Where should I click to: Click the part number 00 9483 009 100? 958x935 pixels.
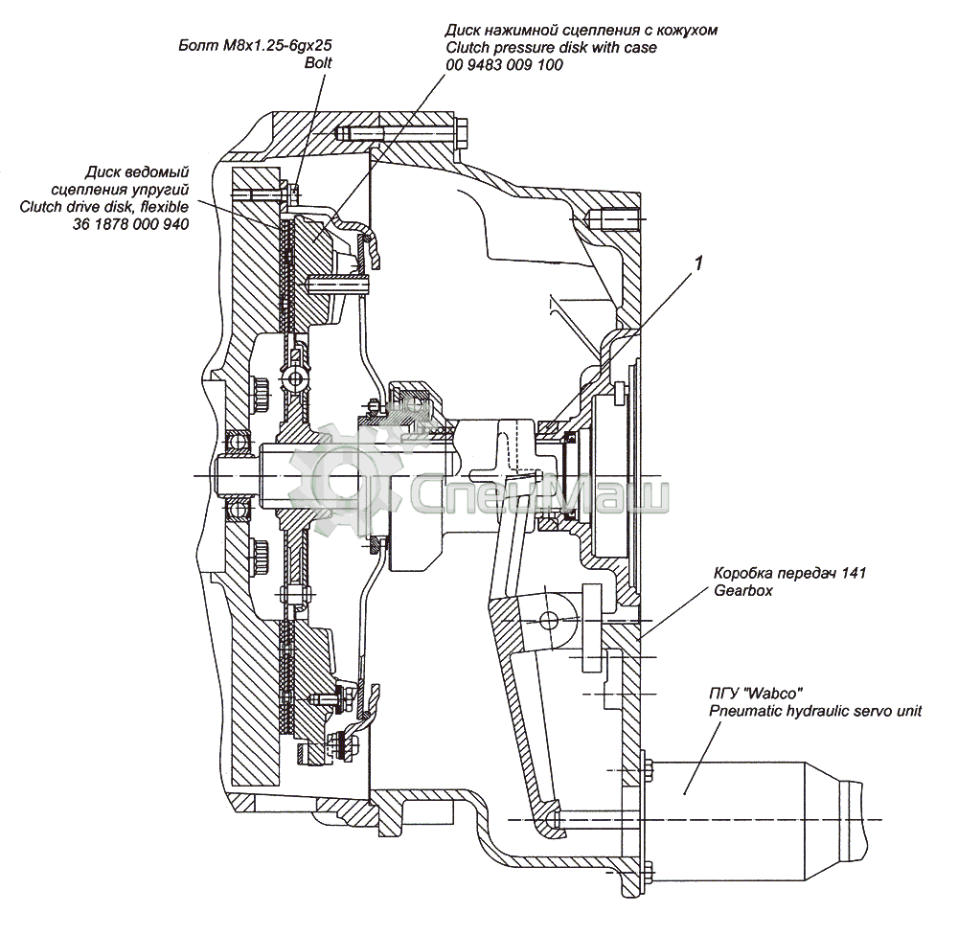coord(504,65)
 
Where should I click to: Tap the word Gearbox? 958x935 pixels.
coord(742,591)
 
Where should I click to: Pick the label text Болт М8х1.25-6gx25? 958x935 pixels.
coord(262,45)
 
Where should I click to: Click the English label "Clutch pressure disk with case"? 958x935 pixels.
coord(551,47)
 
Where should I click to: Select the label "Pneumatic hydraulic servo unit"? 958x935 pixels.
coord(815,711)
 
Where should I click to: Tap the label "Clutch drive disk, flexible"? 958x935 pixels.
coord(104,206)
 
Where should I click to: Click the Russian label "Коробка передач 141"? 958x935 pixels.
coord(790,574)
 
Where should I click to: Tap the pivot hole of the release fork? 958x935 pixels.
coord(549,618)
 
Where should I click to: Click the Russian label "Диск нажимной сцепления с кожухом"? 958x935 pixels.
coord(582,30)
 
